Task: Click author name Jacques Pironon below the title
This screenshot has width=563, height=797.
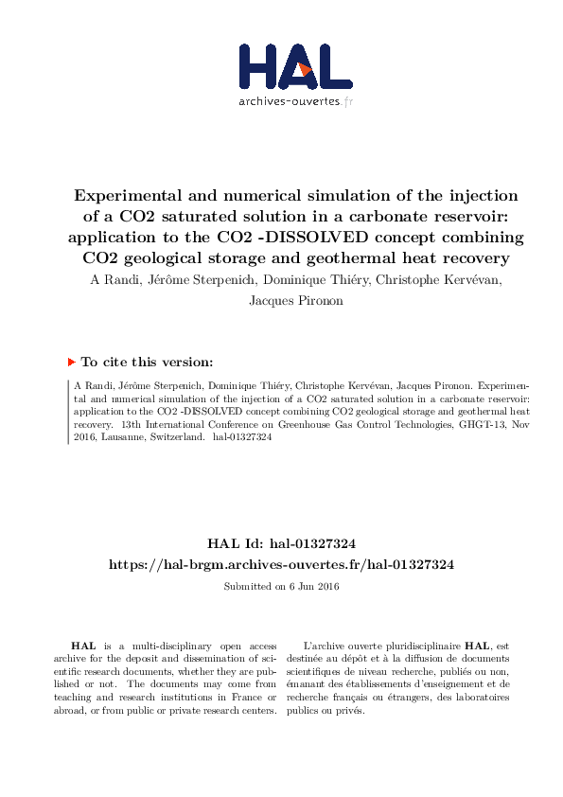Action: [281, 300]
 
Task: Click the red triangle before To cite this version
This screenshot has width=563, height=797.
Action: [71, 362]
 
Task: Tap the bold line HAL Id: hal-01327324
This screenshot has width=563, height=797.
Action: [281, 543]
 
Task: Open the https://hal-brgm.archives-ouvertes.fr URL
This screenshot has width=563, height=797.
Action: [281, 564]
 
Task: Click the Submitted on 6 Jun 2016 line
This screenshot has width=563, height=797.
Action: [281, 587]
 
